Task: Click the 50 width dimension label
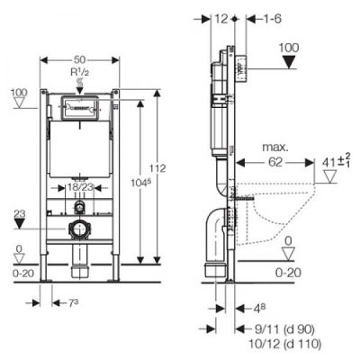[79, 59]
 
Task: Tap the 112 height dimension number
[157, 168]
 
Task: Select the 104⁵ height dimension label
[140, 182]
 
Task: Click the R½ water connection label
[80, 71]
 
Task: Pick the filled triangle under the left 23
[20, 223]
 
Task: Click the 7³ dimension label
[73, 303]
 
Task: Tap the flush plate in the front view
[80, 108]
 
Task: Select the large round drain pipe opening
[80, 229]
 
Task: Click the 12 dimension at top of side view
[221, 19]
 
